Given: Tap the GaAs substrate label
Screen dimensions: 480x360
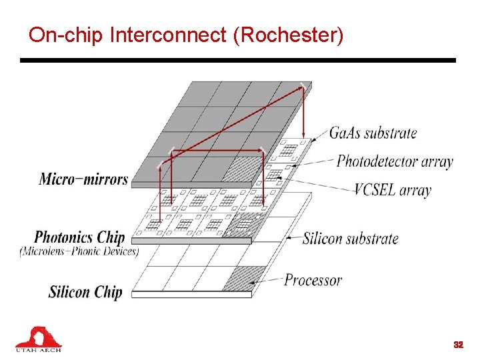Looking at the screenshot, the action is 373,133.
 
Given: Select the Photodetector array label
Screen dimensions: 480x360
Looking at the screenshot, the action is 395,161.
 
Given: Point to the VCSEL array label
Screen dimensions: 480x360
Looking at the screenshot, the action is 392,190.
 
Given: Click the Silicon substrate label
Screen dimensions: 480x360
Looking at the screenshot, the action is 350,238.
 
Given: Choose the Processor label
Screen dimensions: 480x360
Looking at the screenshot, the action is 313,280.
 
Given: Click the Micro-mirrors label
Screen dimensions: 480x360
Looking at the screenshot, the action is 83,179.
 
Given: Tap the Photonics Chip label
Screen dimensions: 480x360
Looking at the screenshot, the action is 79,237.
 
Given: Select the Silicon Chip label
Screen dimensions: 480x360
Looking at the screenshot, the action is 85,291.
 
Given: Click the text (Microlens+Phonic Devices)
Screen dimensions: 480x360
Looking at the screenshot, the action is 79,251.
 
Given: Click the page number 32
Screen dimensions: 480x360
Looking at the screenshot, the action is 458,345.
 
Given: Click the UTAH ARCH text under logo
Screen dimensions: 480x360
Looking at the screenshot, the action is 38,349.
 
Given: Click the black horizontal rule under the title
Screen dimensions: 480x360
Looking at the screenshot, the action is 237,60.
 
